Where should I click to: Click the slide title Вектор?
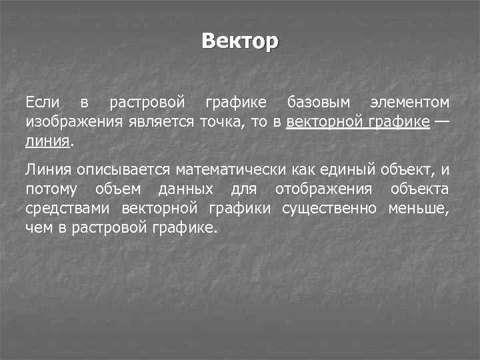(x=240, y=41)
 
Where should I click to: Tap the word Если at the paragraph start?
(x=43, y=103)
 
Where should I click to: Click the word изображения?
(x=73, y=123)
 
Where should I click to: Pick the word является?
(x=159, y=123)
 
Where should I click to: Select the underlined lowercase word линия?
(x=47, y=141)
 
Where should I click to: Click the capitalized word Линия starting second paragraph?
(x=47, y=171)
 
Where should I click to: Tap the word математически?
(x=231, y=171)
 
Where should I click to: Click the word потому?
(x=51, y=190)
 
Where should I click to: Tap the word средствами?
(x=68, y=209)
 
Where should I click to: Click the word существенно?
(x=329, y=209)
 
